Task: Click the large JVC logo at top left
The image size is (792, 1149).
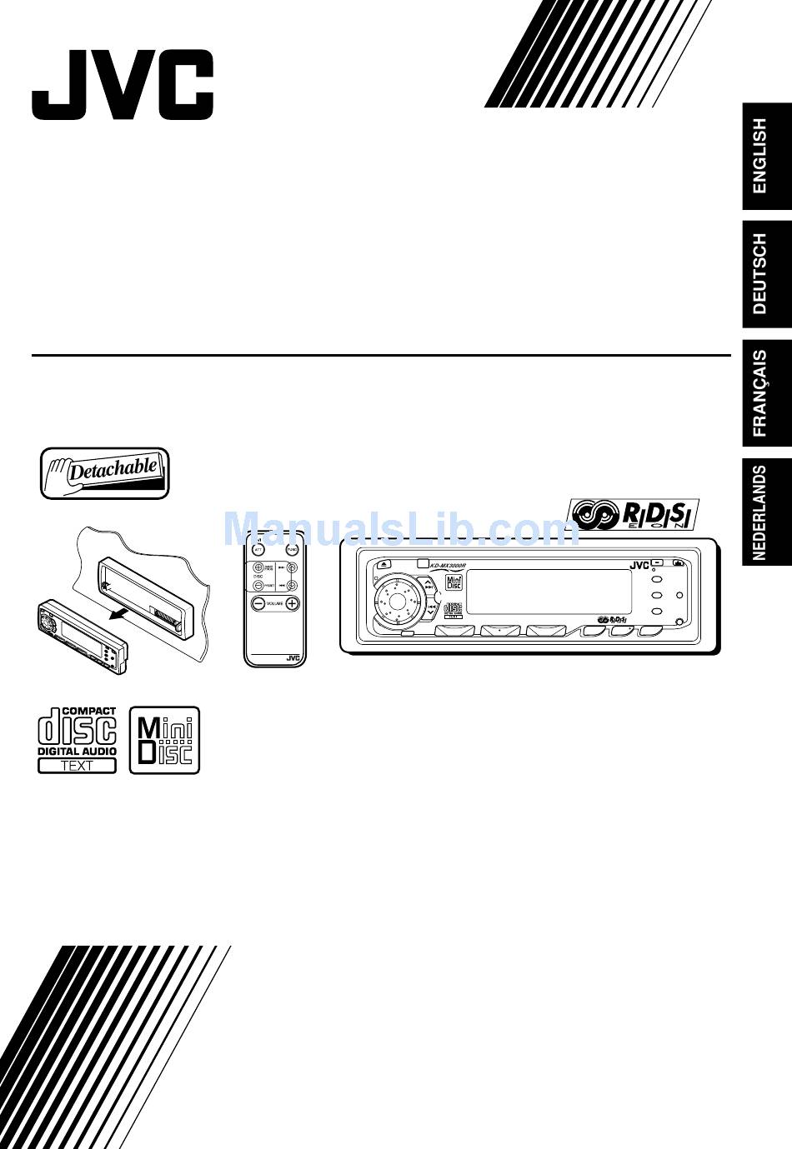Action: tap(123, 84)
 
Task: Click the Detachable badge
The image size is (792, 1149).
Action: tap(105, 472)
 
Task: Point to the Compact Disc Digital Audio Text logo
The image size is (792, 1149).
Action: tap(77, 740)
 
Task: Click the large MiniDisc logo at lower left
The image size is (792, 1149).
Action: tap(164, 741)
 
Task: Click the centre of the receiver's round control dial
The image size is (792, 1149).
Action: tap(398, 599)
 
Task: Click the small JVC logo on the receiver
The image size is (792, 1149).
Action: tap(639, 566)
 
